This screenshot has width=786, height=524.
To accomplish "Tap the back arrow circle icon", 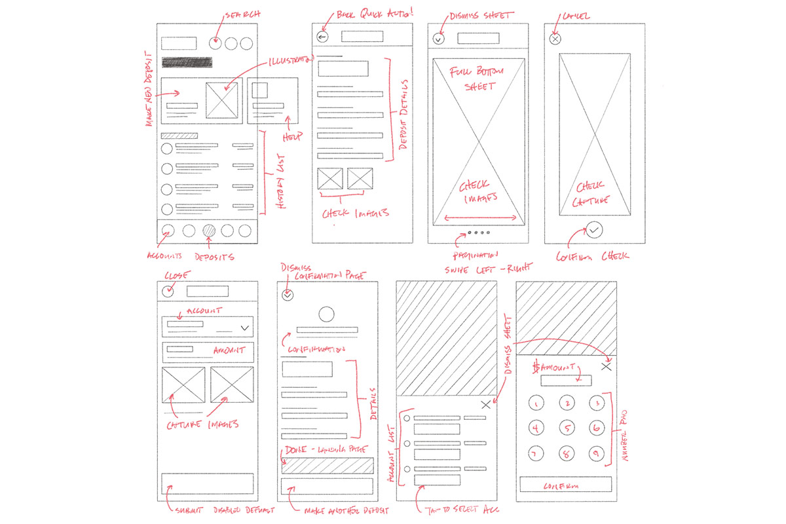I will [322, 37].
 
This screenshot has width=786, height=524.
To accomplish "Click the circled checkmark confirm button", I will [594, 230].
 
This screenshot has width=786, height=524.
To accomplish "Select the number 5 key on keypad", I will [566, 429].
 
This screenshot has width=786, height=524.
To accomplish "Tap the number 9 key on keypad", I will [595, 453].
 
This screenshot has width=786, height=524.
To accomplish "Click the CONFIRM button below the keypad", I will [565, 485].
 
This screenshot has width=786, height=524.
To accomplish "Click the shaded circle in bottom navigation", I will [210, 231].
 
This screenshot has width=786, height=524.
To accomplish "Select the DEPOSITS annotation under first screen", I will [214, 257].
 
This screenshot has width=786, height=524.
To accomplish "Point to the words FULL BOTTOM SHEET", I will [476, 78].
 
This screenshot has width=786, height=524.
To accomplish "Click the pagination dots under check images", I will [477, 232].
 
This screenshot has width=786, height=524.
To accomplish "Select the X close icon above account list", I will [485, 405].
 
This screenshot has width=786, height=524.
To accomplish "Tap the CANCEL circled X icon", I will [555, 39].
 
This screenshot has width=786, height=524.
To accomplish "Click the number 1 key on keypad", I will [536, 403].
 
